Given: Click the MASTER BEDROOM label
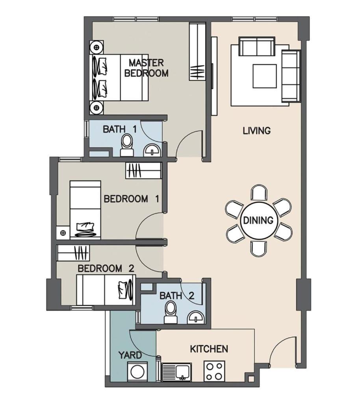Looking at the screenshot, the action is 146,68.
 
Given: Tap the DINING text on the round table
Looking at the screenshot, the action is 258,220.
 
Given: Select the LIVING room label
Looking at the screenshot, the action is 257,131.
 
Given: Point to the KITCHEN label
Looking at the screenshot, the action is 209,349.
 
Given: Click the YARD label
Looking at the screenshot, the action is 130,355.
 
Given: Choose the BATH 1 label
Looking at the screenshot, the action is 120,129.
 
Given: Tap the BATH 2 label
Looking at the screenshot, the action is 177,296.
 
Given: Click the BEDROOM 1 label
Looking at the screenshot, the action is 132,199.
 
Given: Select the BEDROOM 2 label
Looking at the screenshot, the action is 106,268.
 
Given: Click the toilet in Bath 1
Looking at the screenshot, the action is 127,146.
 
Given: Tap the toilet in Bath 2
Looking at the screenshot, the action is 171,312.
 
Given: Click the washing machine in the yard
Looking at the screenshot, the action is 138,372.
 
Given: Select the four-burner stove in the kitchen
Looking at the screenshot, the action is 214,371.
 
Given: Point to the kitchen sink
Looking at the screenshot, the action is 176,372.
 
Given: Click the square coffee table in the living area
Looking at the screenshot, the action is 265,76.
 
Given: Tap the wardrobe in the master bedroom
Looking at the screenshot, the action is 197,52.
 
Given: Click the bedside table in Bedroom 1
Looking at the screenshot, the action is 63,233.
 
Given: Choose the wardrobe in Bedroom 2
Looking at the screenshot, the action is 73,253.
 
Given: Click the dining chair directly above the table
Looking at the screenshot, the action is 259,193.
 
